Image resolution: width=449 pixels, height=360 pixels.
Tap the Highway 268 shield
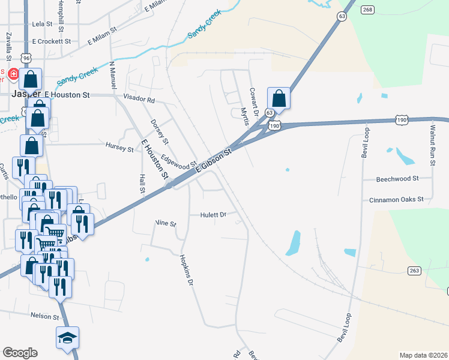(x=368, y=9)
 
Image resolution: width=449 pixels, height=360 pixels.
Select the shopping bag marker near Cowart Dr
(x=279, y=97)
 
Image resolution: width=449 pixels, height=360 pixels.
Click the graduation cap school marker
(x=68, y=337)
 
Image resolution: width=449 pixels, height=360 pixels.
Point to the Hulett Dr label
(x=213, y=214)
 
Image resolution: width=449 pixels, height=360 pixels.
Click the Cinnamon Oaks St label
(x=396, y=199)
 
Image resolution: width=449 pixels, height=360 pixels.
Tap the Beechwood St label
(x=397, y=179)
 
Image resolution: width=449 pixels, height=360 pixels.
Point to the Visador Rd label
(x=139, y=100)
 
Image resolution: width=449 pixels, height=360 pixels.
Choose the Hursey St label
(x=119, y=147)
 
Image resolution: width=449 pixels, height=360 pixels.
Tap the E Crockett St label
(x=52, y=41)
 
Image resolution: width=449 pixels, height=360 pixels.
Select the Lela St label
(x=43, y=24)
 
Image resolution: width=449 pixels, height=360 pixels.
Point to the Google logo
(x=20, y=353)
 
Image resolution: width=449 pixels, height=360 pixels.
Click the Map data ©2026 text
(x=423, y=355)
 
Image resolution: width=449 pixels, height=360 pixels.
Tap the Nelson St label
(x=46, y=316)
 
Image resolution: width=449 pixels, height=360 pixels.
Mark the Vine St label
(x=166, y=223)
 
